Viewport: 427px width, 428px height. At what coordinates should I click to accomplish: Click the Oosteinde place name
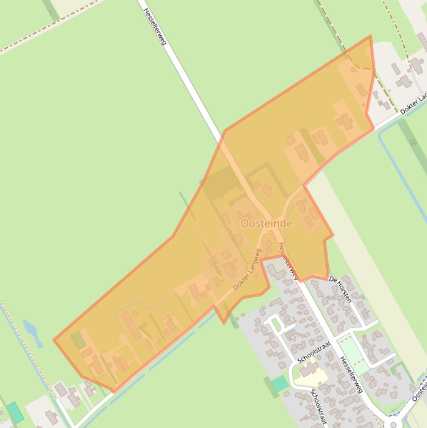tap(266, 223)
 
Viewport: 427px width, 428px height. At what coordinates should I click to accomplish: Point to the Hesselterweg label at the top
tap(155, 26)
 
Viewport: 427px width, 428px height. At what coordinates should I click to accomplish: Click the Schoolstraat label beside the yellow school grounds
tap(313, 352)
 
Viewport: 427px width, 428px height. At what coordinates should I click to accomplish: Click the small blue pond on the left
tap(32, 332)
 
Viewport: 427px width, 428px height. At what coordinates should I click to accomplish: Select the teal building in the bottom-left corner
tap(15, 412)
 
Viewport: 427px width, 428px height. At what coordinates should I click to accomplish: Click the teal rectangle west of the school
tap(280, 383)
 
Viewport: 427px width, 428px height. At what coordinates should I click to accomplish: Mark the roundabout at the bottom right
tap(393, 424)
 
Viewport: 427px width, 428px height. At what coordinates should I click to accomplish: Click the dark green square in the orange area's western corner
tap(79, 340)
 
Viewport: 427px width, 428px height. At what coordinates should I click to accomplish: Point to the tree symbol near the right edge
tap(413, 143)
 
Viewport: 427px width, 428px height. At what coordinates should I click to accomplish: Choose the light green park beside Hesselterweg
tap(354, 356)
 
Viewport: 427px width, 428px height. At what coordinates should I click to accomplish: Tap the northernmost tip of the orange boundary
tap(370, 37)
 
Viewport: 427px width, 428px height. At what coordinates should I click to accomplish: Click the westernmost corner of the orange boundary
tap(54, 340)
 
